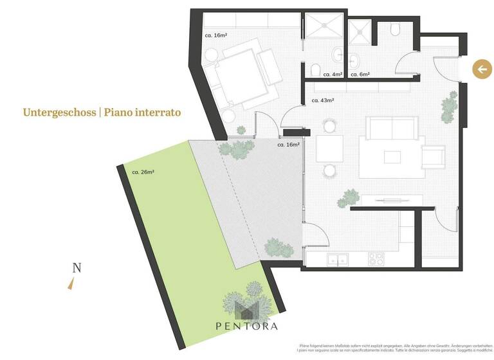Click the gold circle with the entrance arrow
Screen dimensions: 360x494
pyautogui.click(x=482, y=69)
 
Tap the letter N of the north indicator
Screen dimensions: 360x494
pyautogui.click(x=77, y=269)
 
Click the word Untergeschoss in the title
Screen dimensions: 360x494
pyautogui.click(x=59, y=113)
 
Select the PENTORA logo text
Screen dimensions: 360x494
pyautogui.click(x=247, y=326)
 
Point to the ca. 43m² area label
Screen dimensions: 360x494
pyautogui.click(x=323, y=101)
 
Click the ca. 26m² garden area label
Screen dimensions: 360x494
pyautogui.click(x=143, y=172)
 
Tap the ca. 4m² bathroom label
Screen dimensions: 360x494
pyautogui.click(x=332, y=75)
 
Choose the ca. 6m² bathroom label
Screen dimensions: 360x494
pyautogui.click(x=360, y=75)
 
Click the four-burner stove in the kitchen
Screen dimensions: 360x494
pyautogui.click(x=376, y=259)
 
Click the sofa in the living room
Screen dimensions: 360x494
pyautogui.click(x=394, y=129)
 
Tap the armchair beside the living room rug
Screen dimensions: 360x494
pyautogui.click(x=433, y=156)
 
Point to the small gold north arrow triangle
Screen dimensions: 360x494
pyautogui.click(x=71, y=283)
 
